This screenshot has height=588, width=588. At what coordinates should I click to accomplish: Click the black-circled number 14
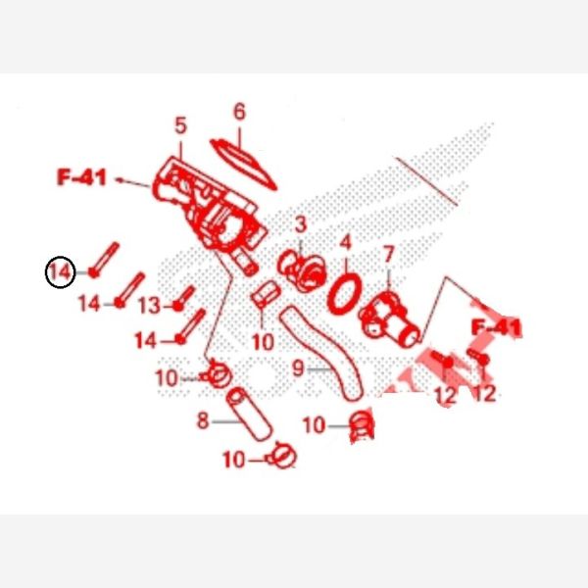pos(61,271)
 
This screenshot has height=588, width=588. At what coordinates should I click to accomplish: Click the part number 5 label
pos(180,125)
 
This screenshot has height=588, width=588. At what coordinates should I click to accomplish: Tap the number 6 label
pos(239,112)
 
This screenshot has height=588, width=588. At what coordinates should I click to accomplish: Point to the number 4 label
pos(345,242)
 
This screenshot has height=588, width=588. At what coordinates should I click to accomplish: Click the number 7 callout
pos(388,254)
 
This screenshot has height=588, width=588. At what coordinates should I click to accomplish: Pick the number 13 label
pos(149,305)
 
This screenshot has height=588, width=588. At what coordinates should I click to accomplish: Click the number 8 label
pos(203,420)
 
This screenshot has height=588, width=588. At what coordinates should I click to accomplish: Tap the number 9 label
pos(298,367)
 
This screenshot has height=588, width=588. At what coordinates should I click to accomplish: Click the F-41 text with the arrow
pos(81,177)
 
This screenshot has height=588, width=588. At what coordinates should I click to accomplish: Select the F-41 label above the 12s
pos(496,327)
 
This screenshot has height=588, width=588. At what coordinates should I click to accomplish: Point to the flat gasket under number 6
pos(243,164)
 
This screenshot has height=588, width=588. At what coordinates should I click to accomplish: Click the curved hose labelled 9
pos(323,354)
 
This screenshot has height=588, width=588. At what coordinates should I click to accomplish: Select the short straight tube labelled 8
pos(249,415)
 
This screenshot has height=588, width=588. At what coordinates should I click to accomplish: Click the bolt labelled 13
pos(184,298)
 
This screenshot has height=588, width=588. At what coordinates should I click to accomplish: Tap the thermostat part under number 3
pos(302,270)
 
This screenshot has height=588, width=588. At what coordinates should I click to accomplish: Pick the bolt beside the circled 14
pos(104,260)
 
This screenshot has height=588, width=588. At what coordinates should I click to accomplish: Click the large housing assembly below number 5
pos(210,210)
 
